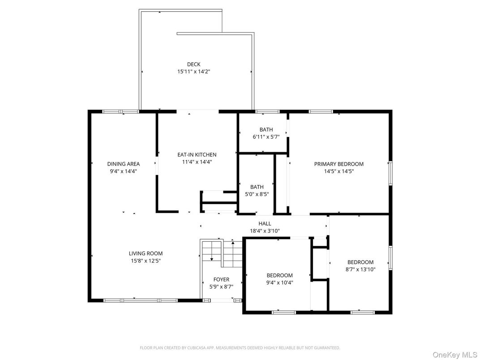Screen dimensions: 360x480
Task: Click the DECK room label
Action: (193, 64)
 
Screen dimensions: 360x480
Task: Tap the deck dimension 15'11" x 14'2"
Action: (193, 71)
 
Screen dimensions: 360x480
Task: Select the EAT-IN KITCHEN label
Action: (197, 154)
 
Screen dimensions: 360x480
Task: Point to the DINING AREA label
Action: (123, 164)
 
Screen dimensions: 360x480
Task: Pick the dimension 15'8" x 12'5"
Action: (146, 260)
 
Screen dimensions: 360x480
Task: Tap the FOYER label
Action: (221, 279)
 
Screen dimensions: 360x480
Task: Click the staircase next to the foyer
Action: (222, 253)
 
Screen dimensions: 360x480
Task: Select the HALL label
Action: (265, 223)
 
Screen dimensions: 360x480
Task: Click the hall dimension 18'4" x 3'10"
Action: (265, 231)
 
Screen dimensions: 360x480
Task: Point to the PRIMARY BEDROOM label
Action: (339, 164)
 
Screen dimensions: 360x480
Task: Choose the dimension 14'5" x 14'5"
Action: (339, 171)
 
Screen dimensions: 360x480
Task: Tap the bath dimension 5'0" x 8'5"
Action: (257, 194)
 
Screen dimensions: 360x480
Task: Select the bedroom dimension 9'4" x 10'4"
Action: (279, 283)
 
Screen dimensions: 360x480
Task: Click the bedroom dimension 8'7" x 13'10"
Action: (361, 270)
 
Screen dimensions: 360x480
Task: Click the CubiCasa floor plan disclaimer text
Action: (240, 347)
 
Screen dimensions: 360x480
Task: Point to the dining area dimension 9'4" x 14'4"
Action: (123, 171)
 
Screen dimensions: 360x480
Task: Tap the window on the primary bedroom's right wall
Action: (390, 172)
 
